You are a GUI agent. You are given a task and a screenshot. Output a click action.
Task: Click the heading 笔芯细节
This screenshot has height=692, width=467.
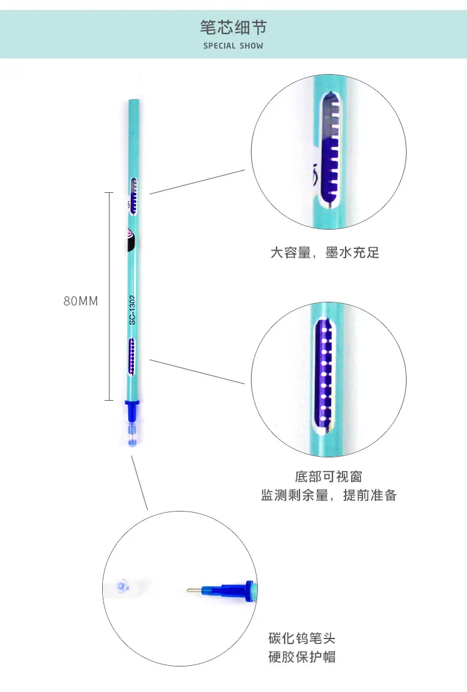pyautogui.click(x=233, y=27)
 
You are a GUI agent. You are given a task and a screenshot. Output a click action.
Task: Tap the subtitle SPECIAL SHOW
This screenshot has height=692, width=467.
pyautogui.click(x=233, y=45)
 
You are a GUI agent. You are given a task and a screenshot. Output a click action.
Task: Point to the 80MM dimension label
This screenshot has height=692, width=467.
pyautogui.click(x=81, y=301)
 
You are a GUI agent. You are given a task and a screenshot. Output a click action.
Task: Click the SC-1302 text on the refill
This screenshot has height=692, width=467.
pyautogui.click(x=132, y=311)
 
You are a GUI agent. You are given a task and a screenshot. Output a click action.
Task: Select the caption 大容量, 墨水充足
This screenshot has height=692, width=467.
pyautogui.click(x=325, y=253)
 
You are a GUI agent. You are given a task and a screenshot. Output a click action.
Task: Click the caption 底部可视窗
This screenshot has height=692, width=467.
pyautogui.click(x=328, y=477)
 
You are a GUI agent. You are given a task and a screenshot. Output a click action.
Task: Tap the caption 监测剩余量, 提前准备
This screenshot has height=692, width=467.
pyautogui.click(x=328, y=495)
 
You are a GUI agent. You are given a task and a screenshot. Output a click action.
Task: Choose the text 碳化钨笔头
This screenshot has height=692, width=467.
pyautogui.click(x=302, y=638)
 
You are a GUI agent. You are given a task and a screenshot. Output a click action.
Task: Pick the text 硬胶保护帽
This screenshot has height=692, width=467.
pyautogui.click(x=302, y=657)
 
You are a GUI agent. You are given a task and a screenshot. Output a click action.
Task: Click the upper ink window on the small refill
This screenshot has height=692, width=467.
pyautogui.click(x=133, y=196)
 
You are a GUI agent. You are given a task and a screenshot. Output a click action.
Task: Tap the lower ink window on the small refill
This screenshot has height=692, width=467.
pyautogui.click(x=131, y=357)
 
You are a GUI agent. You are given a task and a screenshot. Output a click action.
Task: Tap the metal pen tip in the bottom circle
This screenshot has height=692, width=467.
pyautogui.click(x=194, y=590)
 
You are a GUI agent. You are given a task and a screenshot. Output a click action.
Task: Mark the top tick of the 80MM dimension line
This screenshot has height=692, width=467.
pyautogui.click(x=109, y=193)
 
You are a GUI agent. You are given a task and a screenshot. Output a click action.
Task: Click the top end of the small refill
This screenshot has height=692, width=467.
pyautogui.click(x=134, y=101)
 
